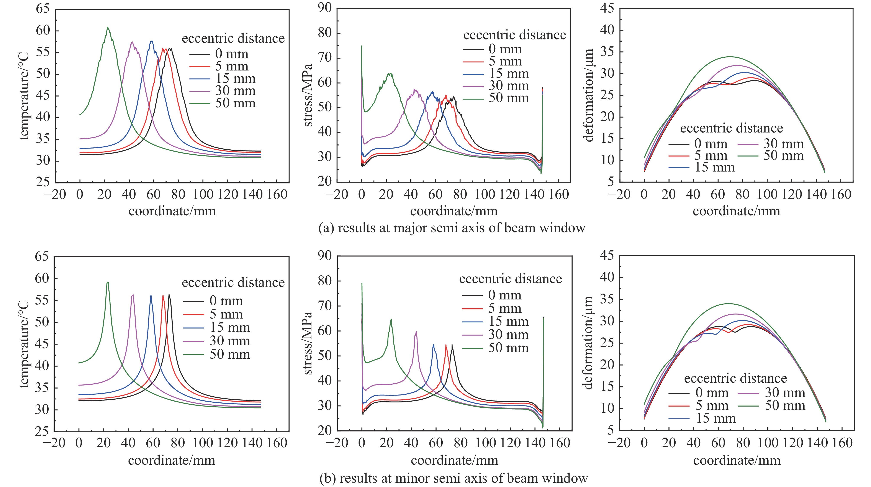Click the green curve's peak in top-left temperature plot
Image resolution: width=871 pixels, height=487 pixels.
click(108, 27)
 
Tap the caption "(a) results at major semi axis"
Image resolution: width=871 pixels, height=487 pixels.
click(452, 228)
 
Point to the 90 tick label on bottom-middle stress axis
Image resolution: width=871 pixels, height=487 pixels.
click(325, 256)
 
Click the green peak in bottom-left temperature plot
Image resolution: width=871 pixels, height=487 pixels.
click(108, 282)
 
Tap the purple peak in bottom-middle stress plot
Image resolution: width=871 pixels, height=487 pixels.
click(416, 332)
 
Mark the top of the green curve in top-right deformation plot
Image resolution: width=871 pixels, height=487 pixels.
click(730, 57)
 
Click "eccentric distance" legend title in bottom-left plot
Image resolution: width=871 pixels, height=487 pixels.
click(233, 283)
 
